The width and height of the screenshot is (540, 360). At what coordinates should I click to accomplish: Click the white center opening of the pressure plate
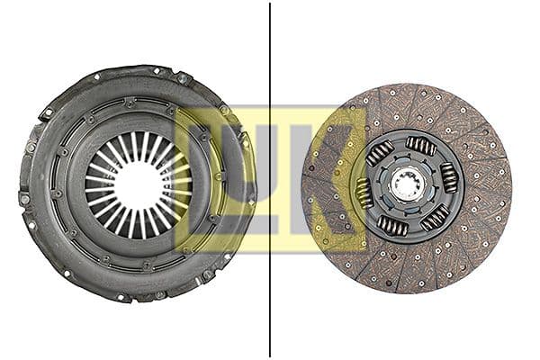coord(137,184)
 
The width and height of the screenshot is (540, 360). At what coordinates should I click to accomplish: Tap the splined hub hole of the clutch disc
coord(407,186)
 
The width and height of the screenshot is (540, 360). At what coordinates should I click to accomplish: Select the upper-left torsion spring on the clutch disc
coord(379,152)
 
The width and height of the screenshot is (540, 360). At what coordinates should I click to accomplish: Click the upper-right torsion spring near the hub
coord(420,145)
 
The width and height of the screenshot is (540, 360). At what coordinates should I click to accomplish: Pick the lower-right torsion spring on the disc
coord(434,217)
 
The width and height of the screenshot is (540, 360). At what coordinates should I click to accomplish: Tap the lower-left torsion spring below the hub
coord(392,225)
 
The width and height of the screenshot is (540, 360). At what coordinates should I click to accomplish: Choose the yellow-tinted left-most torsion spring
coord(364,192)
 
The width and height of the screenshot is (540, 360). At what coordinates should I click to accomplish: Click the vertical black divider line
coord(270,180)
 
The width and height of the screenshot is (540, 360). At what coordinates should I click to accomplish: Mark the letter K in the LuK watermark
coord(333,180)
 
